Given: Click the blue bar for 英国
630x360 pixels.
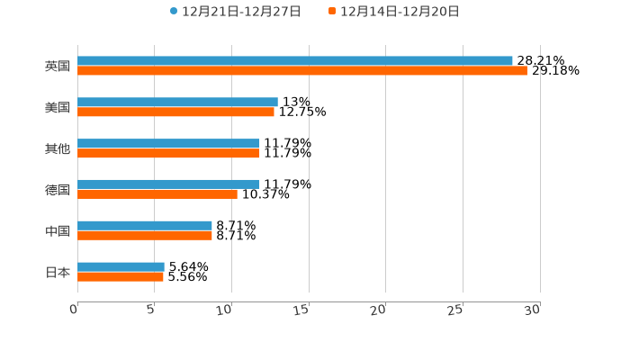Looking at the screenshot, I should point(295,61).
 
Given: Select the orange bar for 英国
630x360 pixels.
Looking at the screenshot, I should point(302,71).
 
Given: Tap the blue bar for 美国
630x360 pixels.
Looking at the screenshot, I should point(177,103).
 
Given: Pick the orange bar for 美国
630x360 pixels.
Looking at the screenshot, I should point(175,112).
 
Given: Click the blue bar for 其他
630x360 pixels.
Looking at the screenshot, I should point(168,144).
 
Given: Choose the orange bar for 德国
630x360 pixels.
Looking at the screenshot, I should point(157,194).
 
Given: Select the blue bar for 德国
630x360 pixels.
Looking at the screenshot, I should point(168,184).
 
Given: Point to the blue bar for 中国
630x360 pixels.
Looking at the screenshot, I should point(145,226).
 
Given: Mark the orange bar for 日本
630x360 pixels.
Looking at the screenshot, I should point(121,277).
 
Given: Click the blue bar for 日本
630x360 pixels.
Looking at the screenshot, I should point(121,267).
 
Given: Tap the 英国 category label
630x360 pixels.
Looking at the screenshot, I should point(58,66).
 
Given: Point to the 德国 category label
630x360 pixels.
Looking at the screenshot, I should point(58,190).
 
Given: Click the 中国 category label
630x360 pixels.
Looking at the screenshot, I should point(58,231).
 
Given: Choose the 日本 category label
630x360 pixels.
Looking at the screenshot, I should point(58,272).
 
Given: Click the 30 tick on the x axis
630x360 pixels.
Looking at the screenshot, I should point(533,310).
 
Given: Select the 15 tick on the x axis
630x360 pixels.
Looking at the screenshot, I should point(302,310).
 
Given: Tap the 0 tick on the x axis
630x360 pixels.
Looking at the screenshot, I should point(75,310).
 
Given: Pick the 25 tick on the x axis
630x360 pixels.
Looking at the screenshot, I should point(456,310).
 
